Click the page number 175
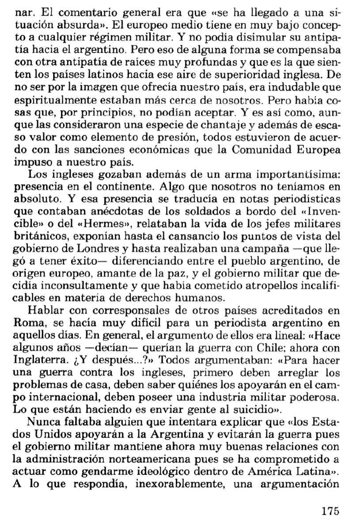[330, 511]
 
